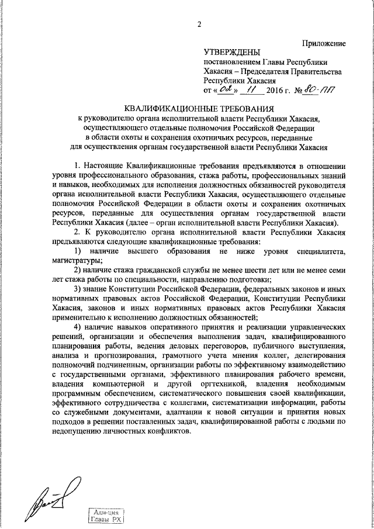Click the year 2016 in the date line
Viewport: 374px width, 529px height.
[268, 91]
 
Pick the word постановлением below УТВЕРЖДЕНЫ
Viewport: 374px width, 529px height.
[230, 63]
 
